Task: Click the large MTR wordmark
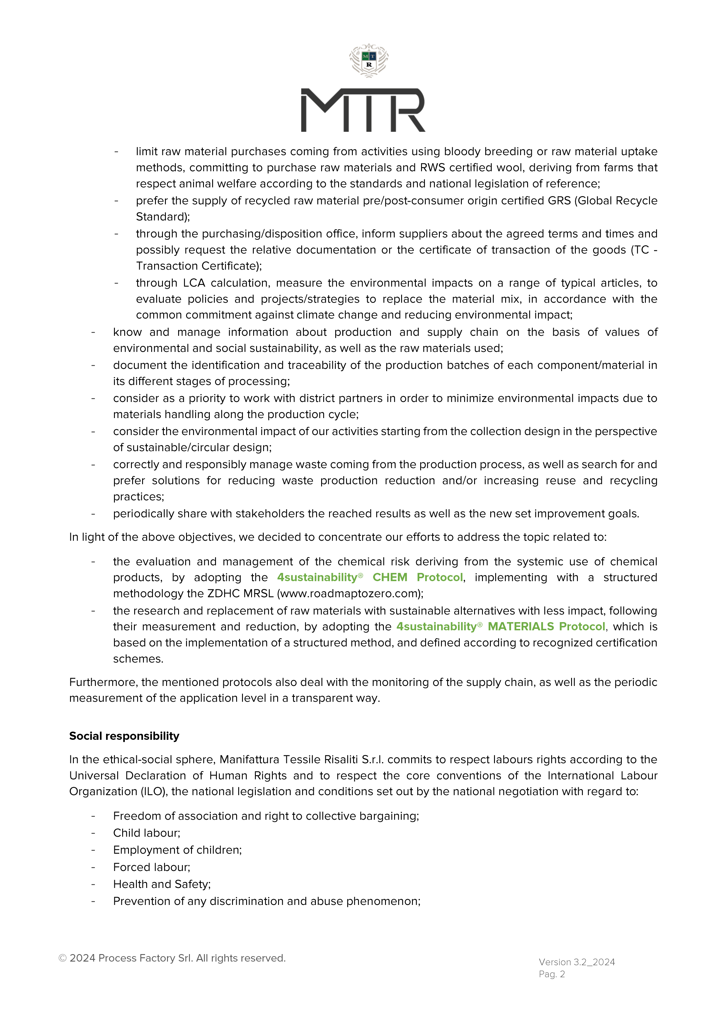click(363, 110)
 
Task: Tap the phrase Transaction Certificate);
click(199, 266)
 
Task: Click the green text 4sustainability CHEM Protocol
click(370, 577)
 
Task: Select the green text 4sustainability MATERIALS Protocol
click(500, 627)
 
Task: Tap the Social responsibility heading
click(124, 736)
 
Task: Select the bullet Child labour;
click(147, 833)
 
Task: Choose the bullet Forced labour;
click(151, 867)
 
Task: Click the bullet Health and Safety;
click(162, 884)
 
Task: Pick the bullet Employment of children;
click(177, 850)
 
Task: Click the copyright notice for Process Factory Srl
click(172, 958)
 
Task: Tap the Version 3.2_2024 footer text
click(577, 962)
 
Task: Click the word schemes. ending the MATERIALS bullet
click(138, 659)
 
